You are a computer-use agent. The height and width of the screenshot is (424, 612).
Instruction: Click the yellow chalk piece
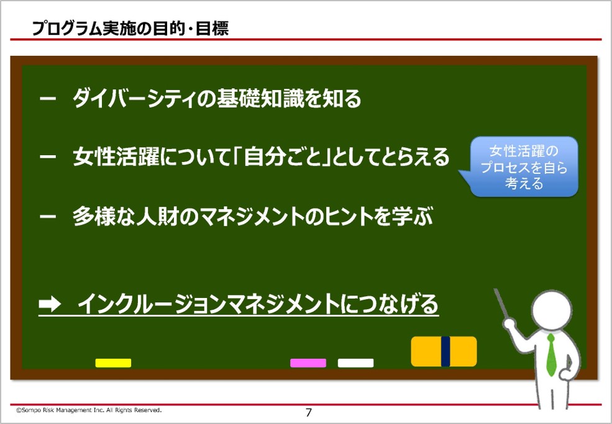[113, 363]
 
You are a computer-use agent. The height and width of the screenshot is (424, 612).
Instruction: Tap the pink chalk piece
[308, 363]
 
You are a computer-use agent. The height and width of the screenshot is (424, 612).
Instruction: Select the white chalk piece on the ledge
[355, 363]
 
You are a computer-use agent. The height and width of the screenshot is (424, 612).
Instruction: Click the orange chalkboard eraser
[444, 351]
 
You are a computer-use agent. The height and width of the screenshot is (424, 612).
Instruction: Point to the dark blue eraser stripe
[445, 351]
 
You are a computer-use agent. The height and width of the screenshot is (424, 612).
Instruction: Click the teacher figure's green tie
[551, 354]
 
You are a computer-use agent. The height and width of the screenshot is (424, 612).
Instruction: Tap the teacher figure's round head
[551, 310]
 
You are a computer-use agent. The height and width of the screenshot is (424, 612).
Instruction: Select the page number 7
[309, 413]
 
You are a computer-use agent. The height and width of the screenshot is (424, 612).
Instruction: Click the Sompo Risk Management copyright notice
[89, 410]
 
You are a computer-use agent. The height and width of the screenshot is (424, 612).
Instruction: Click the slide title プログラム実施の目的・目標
[130, 29]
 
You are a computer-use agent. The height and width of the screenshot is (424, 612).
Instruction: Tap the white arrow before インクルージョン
[50, 304]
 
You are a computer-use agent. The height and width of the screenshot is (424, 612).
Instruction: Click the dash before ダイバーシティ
[48, 99]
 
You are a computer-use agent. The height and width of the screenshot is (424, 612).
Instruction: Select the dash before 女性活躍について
[48, 157]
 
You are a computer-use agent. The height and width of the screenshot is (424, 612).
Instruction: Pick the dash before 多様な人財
[48, 216]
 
